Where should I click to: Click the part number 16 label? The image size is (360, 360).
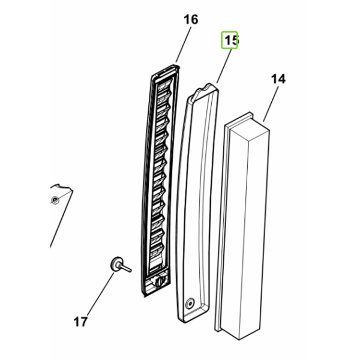pyautogui.click(x=191, y=20)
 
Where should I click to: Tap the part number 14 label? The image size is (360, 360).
pyautogui.click(x=278, y=79)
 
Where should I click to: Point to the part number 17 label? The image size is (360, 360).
pyautogui.click(x=80, y=322)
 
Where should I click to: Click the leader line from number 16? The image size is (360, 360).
pyautogui.click(x=183, y=44)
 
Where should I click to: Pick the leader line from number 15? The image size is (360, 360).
pyautogui.click(x=224, y=67)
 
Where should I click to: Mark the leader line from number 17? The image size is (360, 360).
pyautogui.click(x=101, y=293)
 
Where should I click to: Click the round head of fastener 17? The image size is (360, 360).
pyautogui.click(x=116, y=264)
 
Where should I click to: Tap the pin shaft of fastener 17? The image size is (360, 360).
pyautogui.click(x=125, y=268)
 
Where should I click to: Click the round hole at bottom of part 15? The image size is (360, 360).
pyautogui.click(x=190, y=303)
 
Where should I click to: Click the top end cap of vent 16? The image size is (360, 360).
pyautogui.click(x=166, y=71)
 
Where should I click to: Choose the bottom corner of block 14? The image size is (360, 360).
pyautogui.click(x=239, y=340)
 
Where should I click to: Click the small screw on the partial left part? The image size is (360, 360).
pyautogui.click(x=55, y=200)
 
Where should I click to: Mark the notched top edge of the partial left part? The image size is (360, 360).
pyautogui.click(x=61, y=187)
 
